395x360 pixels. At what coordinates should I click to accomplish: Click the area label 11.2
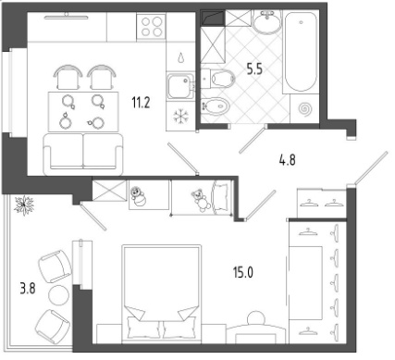[x=141, y=103]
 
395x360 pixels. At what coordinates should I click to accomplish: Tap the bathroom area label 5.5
[x=254, y=68]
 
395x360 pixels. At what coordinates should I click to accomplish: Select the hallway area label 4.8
[x=287, y=160]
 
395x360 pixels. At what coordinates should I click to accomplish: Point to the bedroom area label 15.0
[x=243, y=272]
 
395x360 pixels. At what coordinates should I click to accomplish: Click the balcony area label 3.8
[x=28, y=289]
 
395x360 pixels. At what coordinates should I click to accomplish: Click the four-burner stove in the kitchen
[x=151, y=26]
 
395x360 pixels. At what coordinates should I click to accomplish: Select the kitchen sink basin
[x=179, y=87]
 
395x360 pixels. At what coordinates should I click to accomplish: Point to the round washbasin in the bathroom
[x=267, y=20]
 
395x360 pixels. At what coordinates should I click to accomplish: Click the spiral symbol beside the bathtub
[x=306, y=108]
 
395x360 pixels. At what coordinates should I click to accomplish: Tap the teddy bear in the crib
[x=200, y=200]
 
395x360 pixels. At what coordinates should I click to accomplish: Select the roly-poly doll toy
[x=138, y=197]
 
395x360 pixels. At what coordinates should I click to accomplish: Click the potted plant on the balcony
[x=24, y=205]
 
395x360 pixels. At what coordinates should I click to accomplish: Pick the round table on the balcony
[x=58, y=294]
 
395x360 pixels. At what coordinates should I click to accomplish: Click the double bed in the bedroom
[x=162, y=292]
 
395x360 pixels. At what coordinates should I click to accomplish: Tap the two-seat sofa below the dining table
[x=83, y=154]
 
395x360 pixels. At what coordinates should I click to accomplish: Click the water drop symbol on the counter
[x=180, y=57]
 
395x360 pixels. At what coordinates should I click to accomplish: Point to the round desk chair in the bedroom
[x=255, y=317]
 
